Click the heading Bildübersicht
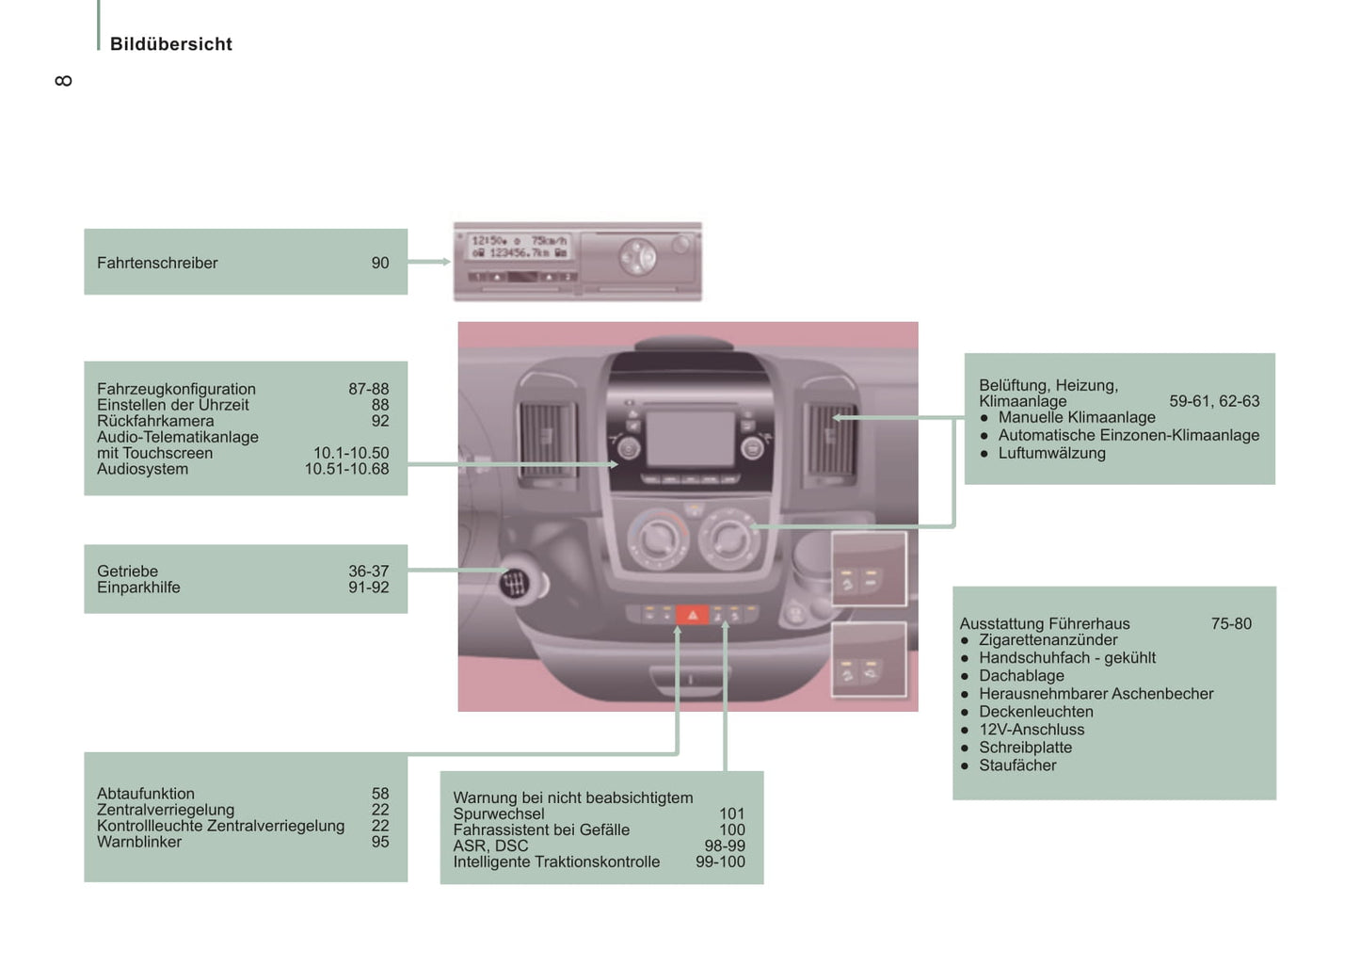[x=170, y=44]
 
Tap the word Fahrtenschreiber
[x=157, y=264]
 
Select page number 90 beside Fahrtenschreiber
[x=379, y=264]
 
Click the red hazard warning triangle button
[x=693, y=615]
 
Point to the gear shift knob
[x=515, y=584]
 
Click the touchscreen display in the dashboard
[x=690, y=437]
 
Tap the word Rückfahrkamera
[x=155, y=421]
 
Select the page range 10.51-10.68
[x=346, y=469]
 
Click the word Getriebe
[x=127, y=572]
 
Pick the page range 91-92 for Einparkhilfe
[x=368, y=588]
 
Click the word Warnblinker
[x=139, y=842]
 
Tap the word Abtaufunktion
[x=146, y=794]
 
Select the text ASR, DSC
[x=490, y=845]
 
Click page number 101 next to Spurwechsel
[x=731, y=813]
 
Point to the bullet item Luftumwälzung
[x=1051, y=453]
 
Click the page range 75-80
[x=1231, y=623]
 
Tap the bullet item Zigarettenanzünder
[x=1048, y=640]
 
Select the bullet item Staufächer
[x=1017, y=765]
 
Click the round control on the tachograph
[x=637, y=256]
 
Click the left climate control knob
[x=655, y=538]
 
